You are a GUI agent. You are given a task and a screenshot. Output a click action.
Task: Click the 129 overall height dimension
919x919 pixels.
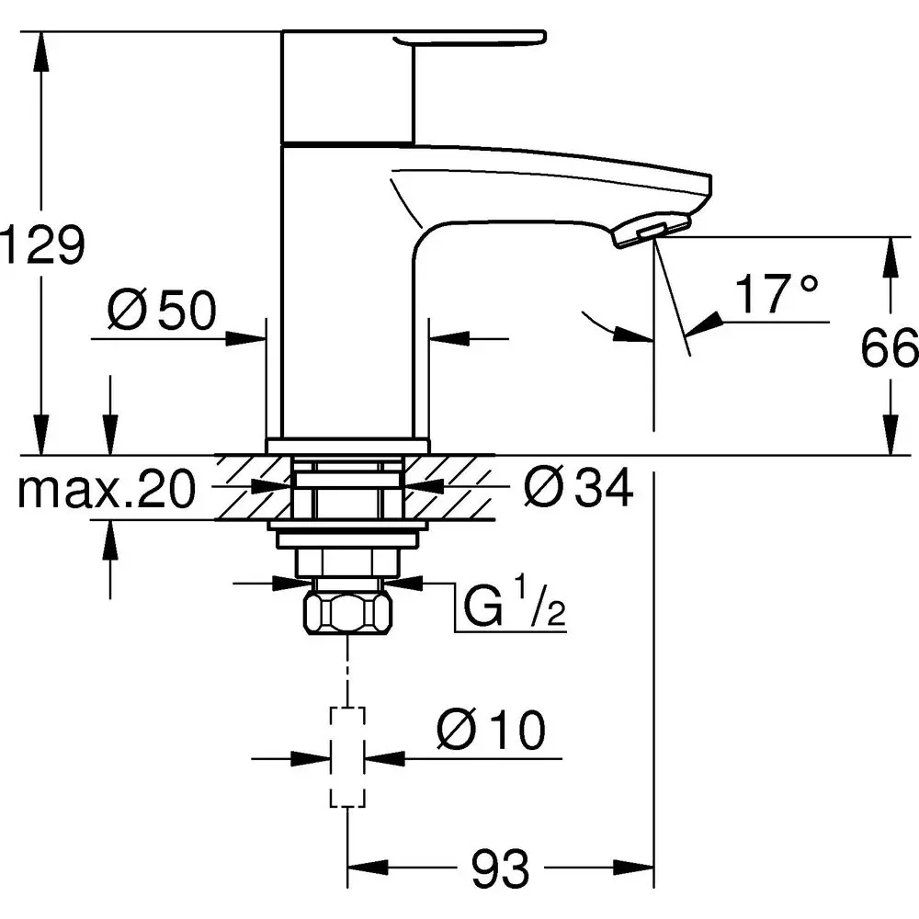pyautogui.click(x=43, y=245)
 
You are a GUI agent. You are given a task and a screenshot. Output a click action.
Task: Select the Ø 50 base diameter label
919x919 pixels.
pyautogui.click(x=161, y=312)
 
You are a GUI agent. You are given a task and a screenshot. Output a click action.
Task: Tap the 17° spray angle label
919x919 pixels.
pyautogui.click(x=776, y=294)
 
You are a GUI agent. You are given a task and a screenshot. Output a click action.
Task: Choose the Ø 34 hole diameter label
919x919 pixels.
pyautogui.click(x=578, y=490)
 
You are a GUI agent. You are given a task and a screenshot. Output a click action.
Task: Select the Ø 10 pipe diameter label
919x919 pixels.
pyautogui.click(x=491, y=732)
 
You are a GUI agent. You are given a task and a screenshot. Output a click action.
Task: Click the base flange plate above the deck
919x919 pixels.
pyautogui.click(x=347, y=445)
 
